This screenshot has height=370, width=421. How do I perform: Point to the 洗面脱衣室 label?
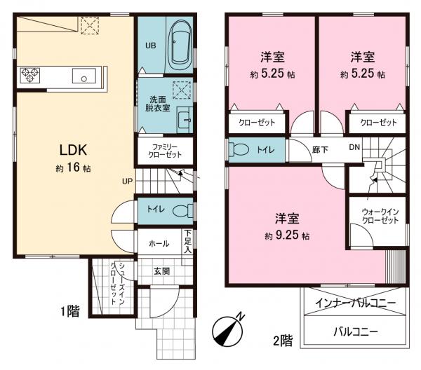tap(156, 104)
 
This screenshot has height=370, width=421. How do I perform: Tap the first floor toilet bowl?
tap(180, 210)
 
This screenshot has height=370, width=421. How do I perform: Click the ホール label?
tap(158, 244)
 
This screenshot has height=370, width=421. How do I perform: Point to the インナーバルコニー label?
tap(350, 303)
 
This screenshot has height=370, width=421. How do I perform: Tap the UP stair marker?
tap(127, 181)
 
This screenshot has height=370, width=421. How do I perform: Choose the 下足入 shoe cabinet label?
tap(188, 241)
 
